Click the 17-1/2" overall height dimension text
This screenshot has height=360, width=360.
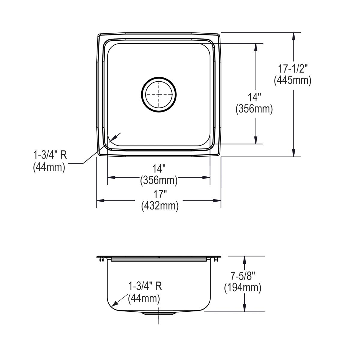coord(293,69)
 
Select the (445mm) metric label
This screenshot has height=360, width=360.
coord(293,80)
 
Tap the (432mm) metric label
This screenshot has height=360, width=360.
coord(160,206)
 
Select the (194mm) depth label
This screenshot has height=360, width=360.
coord(242,288)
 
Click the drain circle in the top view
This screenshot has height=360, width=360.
coord(159,94)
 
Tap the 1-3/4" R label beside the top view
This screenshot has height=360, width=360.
coord(50,155)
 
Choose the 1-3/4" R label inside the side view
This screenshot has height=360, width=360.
coord(145,286)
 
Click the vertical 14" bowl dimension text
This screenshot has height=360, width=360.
coord(254,97)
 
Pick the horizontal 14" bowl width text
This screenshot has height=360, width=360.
coord(159,169)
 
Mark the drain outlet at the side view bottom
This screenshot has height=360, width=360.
coord(159,313)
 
